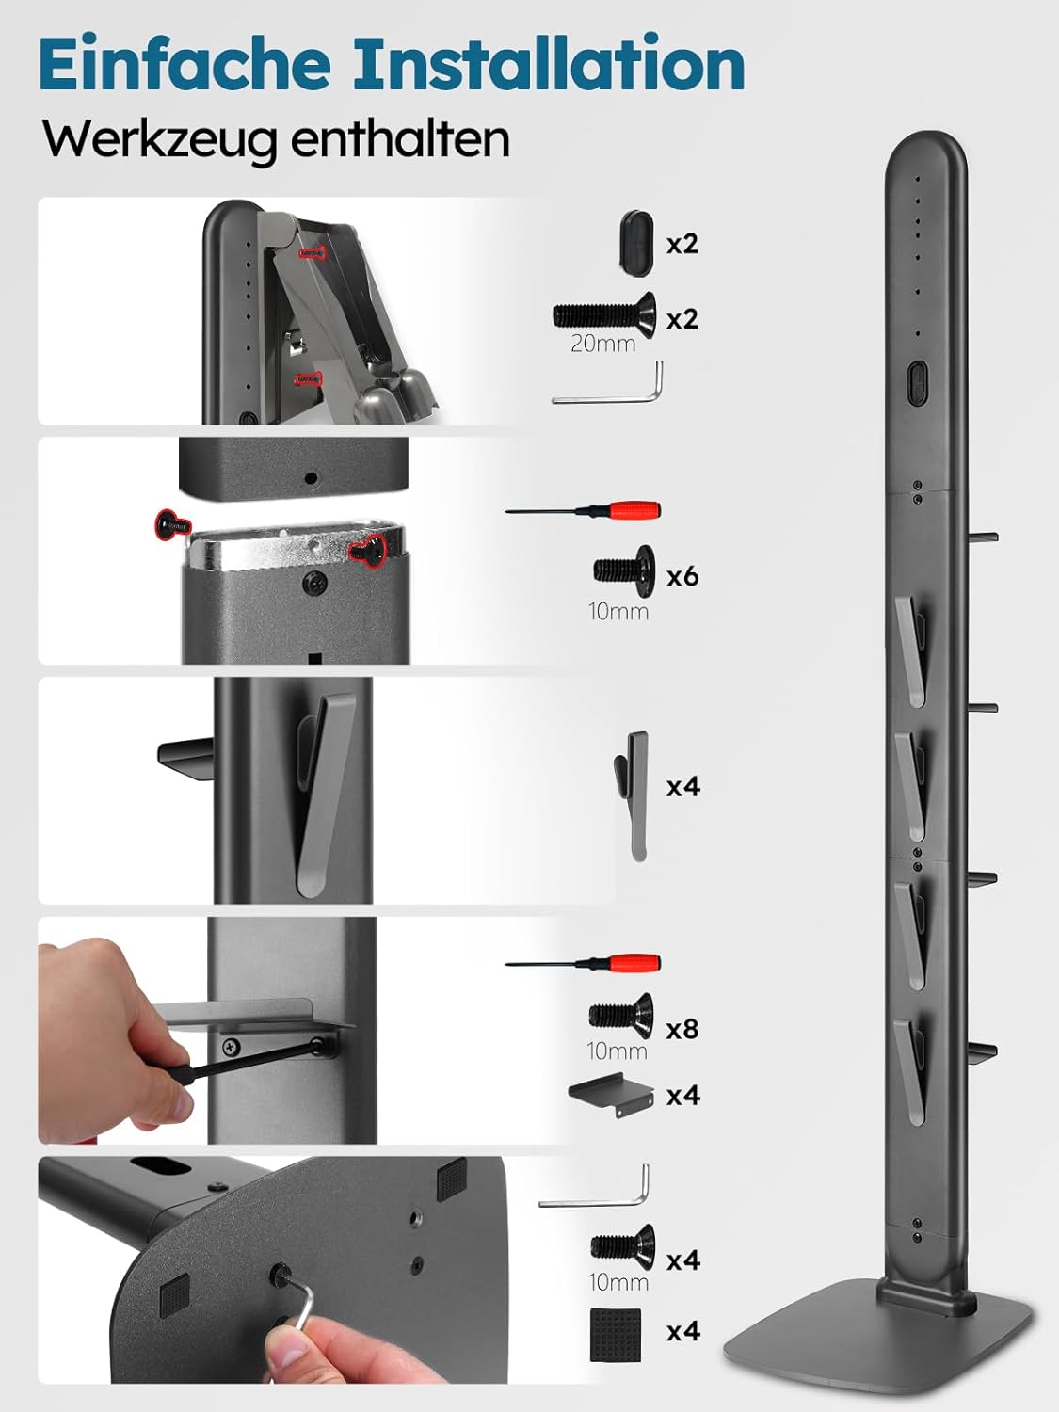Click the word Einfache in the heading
(x=185, y=64)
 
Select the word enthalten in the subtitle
(x=400, y=137)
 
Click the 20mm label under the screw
(x=603, y=344)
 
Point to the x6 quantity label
(x=682, y=576)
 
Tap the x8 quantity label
(x=682, y=1029)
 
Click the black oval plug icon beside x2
(x=636, y=242)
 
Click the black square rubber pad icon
(x=616, y=1335)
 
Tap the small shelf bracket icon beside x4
(x=611, y=1094)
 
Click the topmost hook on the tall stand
(x=910, y=650)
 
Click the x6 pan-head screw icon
(x=624, y=570)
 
